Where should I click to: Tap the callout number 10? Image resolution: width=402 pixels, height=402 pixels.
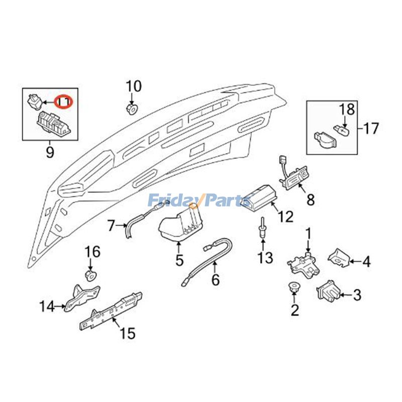tap(134, 86)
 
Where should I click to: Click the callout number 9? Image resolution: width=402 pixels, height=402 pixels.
tap(50, 151)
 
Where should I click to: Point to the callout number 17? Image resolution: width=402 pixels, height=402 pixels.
tap(371, 129)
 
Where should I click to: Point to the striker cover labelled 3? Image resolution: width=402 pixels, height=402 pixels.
tap(327, 291)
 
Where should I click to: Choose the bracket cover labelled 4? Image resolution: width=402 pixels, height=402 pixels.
tap(339, 257)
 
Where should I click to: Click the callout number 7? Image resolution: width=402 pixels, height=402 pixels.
tap(111, 226)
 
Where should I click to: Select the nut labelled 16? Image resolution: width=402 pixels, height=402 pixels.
tap(90, 275)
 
